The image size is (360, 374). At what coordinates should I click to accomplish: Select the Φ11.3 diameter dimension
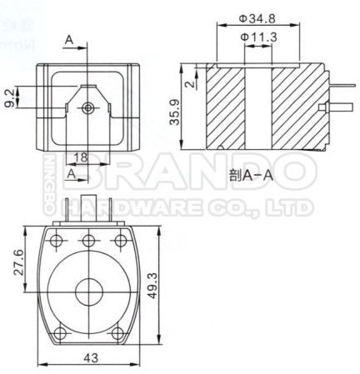[256, 37]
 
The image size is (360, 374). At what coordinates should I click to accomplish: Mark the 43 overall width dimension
[88, 358]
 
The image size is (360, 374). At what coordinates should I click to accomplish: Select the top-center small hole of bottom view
[88, 241]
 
